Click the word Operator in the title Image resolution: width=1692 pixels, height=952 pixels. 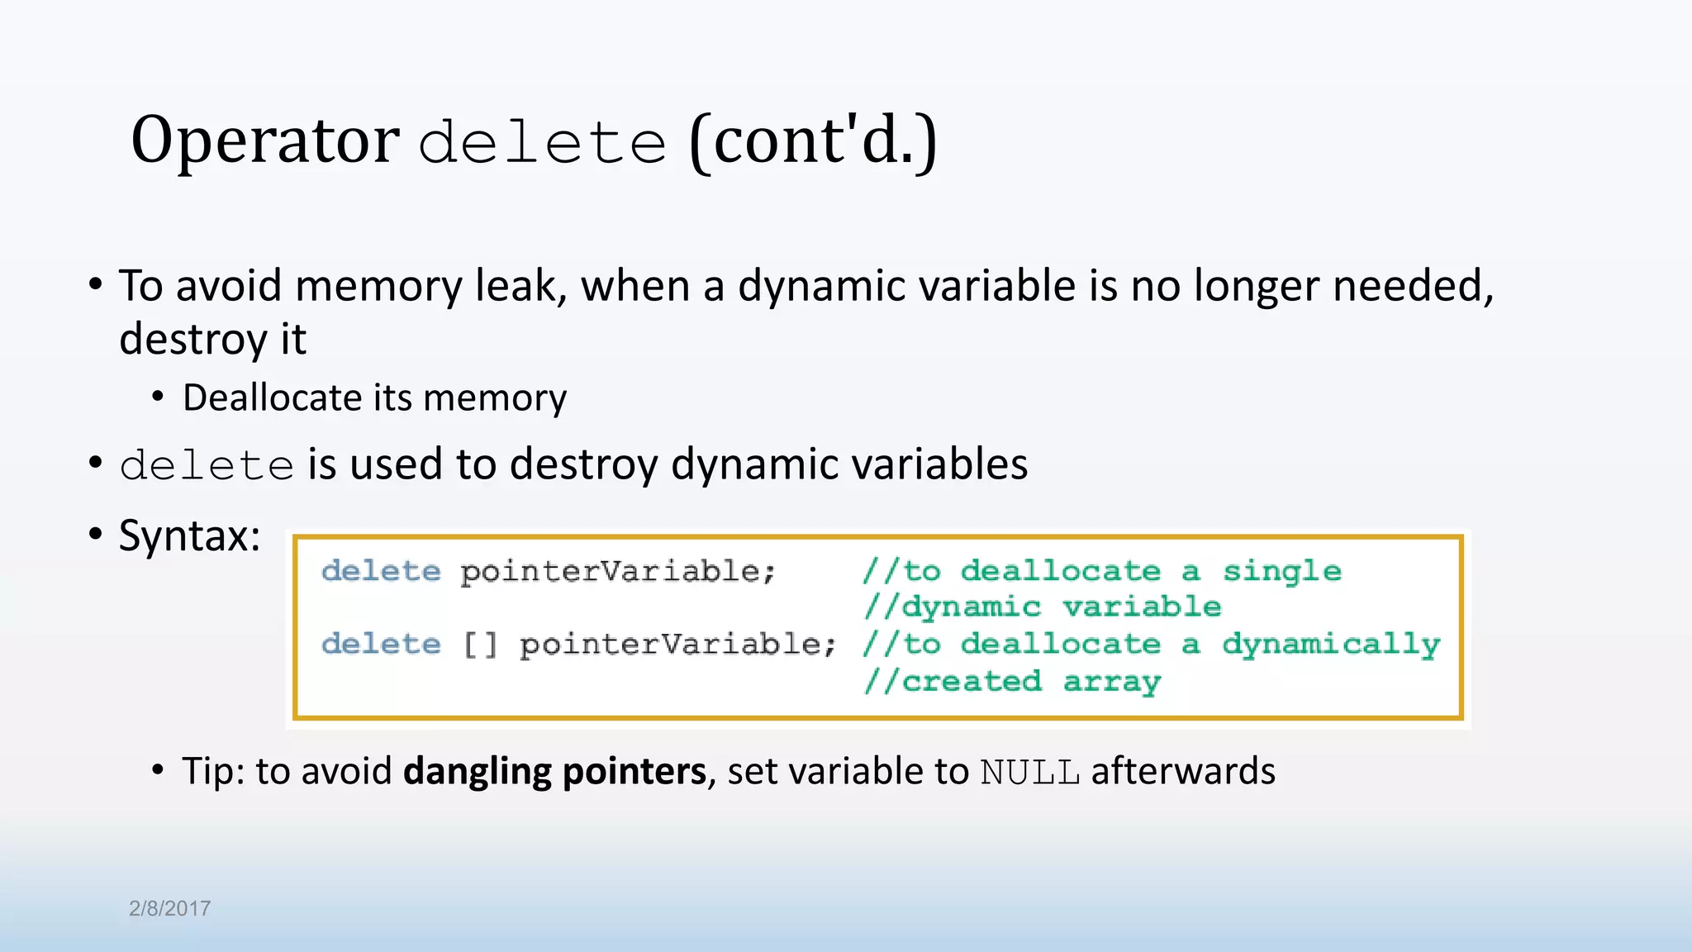(x=264, y=140)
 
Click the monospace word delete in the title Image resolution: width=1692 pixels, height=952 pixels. (x=542, y=142)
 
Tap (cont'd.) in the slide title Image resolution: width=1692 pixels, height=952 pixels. (x=813, y=140)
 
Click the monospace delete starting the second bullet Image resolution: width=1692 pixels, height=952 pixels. (x=207, y=464)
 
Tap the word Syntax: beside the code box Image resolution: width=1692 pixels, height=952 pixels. (x=190, y=535)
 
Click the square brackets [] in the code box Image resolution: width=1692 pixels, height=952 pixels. (x=480, y=644)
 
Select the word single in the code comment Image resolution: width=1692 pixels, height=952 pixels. (x=1281, y=571)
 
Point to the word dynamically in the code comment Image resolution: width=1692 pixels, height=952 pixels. (x=1331, y=645)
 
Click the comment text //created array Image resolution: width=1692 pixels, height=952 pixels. (x=1012, y=681)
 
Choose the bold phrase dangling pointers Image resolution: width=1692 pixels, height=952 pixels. (x=554, y=770)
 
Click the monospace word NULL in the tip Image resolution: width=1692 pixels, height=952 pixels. (x=1029, y=772)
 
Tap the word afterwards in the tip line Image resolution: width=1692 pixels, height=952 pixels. (x=1183, y=770)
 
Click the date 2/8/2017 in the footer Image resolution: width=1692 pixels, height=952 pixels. (x=170, y=908)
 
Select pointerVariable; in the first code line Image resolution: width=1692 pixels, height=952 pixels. (x=618, y=571)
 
